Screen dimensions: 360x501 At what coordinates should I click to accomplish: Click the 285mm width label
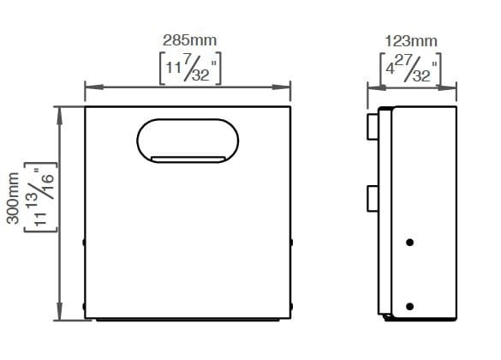point(189,40)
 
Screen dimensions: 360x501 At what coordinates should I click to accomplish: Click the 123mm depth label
point(410,40)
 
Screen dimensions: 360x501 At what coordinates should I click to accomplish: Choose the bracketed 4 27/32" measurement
point(410,69)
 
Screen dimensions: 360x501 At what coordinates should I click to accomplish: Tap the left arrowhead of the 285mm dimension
point(89,86)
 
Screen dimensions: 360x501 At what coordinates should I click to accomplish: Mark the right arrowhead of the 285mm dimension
point(286,86)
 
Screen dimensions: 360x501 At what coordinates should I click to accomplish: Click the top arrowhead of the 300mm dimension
point(58,111)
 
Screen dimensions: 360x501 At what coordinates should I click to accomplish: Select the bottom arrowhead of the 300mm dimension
point(58,315)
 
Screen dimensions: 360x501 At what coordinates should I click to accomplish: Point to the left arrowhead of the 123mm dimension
point(373,86)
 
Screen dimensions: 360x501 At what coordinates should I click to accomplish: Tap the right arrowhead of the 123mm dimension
point(449,86)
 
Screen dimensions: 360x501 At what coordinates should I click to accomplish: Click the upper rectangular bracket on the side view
point(373,125)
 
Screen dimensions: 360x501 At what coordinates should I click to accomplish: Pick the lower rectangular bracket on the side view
point(373,198)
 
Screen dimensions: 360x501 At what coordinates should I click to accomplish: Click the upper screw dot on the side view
point(410,243)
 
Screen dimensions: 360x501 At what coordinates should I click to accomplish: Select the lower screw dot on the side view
point(410,307)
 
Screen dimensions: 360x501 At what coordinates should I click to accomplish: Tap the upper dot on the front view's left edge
point(84,243)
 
